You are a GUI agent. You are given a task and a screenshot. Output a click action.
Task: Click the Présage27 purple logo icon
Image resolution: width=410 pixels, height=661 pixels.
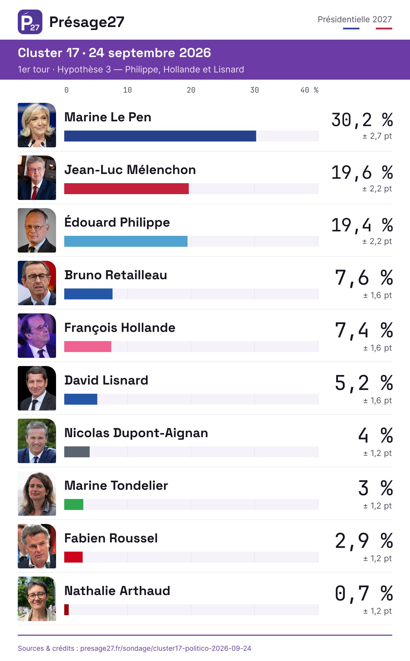(x=30, y=22)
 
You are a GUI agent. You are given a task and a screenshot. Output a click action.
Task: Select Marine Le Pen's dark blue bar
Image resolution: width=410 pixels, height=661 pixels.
(x=160, y=136)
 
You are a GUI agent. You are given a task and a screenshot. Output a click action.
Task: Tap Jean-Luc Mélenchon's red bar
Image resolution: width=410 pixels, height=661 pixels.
(x=126, y=189)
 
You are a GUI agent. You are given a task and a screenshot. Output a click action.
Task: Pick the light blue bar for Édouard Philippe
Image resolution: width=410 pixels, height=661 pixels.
(x=126, y=241)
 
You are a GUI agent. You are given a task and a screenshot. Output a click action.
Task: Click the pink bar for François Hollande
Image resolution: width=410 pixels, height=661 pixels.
(x=88, y=347)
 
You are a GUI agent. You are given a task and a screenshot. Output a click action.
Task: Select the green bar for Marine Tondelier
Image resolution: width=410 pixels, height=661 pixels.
(x=74, y=504)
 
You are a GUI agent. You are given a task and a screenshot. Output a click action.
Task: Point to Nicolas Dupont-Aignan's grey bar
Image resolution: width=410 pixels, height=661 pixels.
(x=77, y=452)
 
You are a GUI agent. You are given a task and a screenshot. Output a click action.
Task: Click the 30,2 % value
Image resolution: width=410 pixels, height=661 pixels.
(x=362, y=120)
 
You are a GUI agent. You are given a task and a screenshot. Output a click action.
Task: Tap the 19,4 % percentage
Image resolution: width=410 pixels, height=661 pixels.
(x=362, y=225)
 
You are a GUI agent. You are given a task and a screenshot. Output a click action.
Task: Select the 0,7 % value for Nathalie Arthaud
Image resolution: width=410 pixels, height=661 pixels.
(x=364, y=594)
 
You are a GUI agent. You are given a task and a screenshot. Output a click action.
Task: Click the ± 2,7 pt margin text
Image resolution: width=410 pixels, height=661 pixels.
(x=377, y=136)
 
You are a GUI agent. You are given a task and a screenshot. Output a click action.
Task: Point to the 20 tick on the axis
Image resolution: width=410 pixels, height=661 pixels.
(x=191, y=90)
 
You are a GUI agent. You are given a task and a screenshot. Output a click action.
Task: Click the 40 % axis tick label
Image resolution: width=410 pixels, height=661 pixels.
(x=310, y=90)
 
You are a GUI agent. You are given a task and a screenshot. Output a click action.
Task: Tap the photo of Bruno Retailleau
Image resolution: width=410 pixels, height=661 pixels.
(x=37, y=283)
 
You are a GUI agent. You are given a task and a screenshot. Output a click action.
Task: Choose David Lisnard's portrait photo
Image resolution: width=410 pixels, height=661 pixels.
(x=37, y=388)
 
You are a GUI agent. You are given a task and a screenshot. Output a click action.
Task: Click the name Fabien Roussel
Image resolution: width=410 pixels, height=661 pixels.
(x=111, y=538)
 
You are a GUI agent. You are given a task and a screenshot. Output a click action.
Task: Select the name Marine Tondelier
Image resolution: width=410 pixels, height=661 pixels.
(x=116, y=486)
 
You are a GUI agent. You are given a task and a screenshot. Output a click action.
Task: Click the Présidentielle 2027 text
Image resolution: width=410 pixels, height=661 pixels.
(x=355, y=19)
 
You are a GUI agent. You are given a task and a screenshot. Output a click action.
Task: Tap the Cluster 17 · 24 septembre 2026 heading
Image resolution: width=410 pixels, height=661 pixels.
(x=114, y=53)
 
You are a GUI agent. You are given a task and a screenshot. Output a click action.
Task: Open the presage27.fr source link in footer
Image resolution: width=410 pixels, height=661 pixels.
(x=166, y=648)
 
